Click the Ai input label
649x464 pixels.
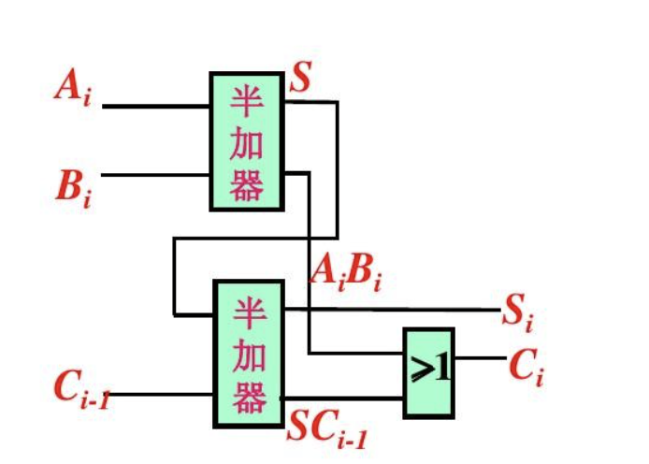pos(73,89)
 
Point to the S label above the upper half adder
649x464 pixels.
pos(300,79)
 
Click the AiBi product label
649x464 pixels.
pos(346,271)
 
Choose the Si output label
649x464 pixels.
pos(517,312)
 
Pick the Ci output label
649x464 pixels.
pos(526,367)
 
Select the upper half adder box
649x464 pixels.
pos(247,141)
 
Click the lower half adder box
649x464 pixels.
pos(248,353)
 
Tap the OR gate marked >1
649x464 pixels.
pos(429,371)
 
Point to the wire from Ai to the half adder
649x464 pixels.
pos(155,107)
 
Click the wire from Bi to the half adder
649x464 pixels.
pos(155,175)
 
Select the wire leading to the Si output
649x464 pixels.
pos(393,309)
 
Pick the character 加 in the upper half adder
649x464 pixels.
pos(246,142)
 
